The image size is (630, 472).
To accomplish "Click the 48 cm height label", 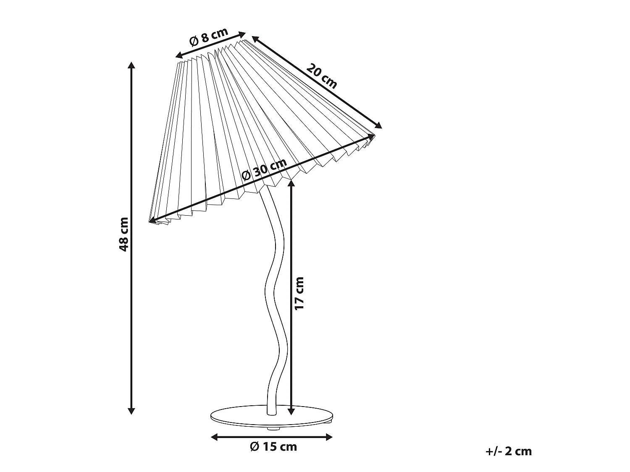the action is coord(124,234).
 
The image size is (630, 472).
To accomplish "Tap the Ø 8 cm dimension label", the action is coord(209,37).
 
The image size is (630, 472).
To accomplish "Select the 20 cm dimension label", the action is coord(321,76).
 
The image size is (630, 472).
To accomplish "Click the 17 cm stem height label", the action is coord(299,293).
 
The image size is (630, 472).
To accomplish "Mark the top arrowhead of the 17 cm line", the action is coord(291,183).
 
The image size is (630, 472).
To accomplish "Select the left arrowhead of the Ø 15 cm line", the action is coord(214,437).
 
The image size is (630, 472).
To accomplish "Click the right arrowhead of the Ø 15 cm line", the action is coord(329,437).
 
